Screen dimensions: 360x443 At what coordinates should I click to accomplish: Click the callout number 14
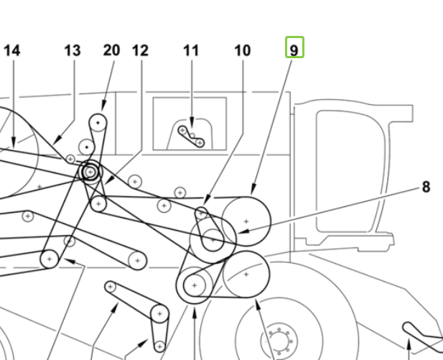click(x=12, y=50)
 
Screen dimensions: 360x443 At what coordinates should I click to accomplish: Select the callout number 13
click(x=73, y=50)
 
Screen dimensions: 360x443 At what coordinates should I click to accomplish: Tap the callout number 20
click(x=111, y=50)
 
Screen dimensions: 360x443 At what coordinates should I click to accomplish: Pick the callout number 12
click(x=140, y=50)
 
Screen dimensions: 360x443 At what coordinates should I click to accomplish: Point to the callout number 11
click(x=190, y=50)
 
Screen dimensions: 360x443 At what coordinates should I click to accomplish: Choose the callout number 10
click(x=243, y=50)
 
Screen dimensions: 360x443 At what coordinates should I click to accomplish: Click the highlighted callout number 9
click(x=294, y=49)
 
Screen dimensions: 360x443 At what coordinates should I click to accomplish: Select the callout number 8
click(x=426, y=187)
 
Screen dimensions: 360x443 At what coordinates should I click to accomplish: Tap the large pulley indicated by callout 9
click(x=246, y=221)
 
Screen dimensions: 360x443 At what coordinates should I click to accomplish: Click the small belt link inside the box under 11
click(x=191, y=137)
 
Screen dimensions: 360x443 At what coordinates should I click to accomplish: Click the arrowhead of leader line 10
click(x=205, y=204)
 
